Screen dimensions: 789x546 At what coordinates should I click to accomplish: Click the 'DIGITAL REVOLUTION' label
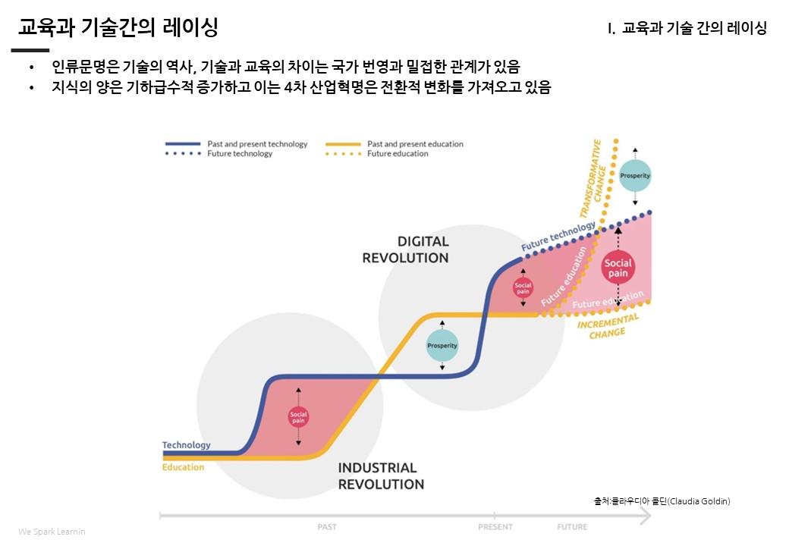[x=406, y=249]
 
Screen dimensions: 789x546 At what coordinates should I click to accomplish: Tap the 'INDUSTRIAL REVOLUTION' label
[x=381, y=475]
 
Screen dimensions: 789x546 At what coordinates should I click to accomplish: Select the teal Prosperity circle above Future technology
[x=634, y=175]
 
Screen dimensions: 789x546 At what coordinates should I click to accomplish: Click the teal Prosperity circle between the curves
[x=442, y=345]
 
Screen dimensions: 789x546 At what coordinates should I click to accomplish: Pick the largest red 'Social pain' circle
[x=618, y=268]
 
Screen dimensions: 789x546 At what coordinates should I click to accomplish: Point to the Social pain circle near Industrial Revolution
[x=298, y=417]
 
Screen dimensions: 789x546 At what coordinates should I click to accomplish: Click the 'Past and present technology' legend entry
[x=237, y=144]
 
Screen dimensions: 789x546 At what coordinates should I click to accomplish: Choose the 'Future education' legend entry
[x=377, y=154]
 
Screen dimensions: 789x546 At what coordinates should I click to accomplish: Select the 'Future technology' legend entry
[x=219, y=154]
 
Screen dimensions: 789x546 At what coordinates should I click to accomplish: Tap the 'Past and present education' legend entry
[x=394, y=144]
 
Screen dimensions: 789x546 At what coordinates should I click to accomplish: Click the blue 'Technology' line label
[x=186, y=445]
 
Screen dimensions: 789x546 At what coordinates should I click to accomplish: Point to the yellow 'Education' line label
[x=183, y=467]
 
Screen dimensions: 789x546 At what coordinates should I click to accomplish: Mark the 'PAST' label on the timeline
[x=327, y=527]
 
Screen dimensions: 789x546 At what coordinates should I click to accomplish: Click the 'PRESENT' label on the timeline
[x=495, y=527]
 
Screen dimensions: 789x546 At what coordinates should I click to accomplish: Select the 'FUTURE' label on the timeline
[x=572, y=527]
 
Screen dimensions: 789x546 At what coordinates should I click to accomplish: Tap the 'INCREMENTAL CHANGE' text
[x=608, y=326]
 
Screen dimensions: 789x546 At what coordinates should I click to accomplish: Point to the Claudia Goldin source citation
[x=662, y=500]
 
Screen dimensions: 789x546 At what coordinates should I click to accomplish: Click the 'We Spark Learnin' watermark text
[x=52, y=532]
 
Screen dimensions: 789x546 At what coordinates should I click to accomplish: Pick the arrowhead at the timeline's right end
[x=646, y=516]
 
